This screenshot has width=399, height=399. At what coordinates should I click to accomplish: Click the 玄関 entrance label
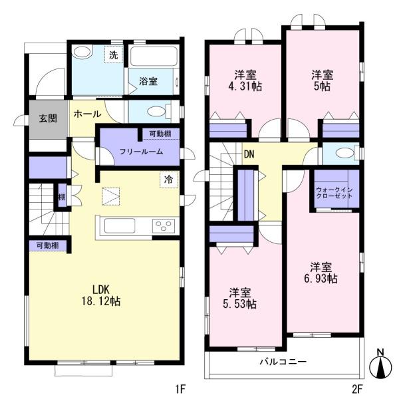48,118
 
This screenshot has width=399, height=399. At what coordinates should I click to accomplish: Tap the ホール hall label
87,114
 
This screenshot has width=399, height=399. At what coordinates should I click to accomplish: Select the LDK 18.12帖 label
101,296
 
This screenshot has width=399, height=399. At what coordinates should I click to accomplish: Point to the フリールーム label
141,152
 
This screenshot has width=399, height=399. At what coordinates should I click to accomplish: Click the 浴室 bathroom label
148,81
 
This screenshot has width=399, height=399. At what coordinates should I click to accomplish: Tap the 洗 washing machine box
114,55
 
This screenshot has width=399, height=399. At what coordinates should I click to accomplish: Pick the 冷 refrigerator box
169,180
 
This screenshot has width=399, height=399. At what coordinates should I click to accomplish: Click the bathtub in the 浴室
154,57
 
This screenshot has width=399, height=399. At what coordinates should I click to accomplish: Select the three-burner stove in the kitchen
164,225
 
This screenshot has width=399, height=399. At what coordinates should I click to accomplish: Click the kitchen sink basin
120,225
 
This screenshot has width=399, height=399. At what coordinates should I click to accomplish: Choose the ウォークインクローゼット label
334,193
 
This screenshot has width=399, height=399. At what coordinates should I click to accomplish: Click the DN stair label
249,154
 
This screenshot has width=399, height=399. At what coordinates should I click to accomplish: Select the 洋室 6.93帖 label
321,273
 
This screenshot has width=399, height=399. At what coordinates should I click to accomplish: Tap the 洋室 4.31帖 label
245,80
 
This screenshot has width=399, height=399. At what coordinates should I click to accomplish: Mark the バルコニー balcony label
283,362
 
